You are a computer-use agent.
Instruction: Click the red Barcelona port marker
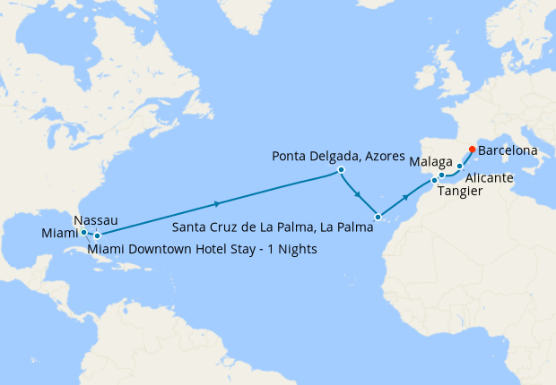473,150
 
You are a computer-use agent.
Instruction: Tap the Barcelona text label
508,150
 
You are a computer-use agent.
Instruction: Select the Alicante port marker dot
460,167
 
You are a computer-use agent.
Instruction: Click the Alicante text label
489,178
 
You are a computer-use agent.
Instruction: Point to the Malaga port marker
442,175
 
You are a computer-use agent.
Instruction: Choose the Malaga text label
429,163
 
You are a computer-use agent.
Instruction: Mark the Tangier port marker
435,181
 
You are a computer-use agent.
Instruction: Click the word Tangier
463,192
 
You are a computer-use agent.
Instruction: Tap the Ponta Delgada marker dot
342,169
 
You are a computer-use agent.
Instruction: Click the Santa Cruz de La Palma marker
378,217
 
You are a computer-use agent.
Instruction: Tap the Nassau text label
94,219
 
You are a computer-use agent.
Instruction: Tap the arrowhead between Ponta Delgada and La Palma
358,194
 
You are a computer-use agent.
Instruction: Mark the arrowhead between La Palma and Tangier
407,195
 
